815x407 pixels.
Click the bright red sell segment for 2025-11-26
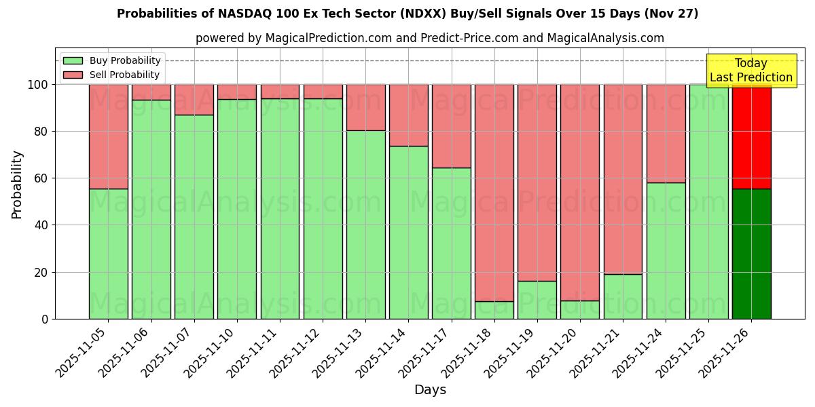[751, 136]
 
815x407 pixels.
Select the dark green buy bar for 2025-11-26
[751, 254]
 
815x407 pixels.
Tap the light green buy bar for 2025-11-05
[109, 254]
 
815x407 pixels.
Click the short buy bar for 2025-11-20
[580, 310]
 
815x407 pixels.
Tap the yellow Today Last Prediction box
[750, 71]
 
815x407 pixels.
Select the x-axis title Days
[430, 390]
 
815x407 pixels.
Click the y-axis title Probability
[17, 184]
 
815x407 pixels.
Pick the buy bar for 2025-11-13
[365, 225]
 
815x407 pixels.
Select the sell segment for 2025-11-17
[452, 126]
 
